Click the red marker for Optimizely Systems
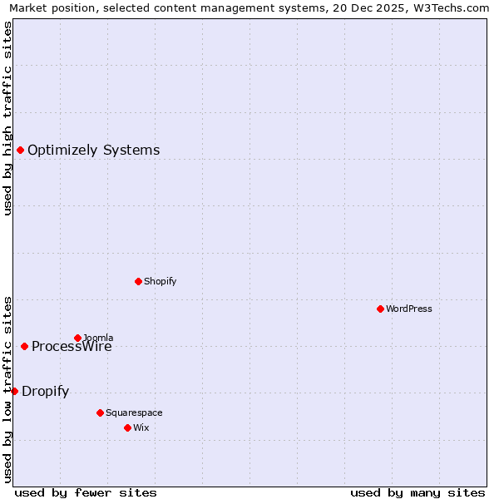pos(20,150)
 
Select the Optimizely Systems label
pos(93,151)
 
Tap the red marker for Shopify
pos(138,281)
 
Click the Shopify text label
pos(160,282)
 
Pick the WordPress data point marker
pos(380,309)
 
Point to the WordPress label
pos(408,309)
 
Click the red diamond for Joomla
pos(77,338)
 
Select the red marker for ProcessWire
pos(24,346)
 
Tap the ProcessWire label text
pos(72,348)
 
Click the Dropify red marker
pos(14,391)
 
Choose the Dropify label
pos(45,392)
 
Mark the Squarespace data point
pos(100,413)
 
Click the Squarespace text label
pos(134,413)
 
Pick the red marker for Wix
pos(127,427)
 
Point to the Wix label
pos(141,428)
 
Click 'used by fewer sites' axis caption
pos(86,492)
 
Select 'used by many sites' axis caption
pos(417,492)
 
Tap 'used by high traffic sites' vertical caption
pos(7,118)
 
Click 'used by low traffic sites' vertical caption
pos(7,388)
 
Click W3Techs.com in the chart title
pos(455,7)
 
